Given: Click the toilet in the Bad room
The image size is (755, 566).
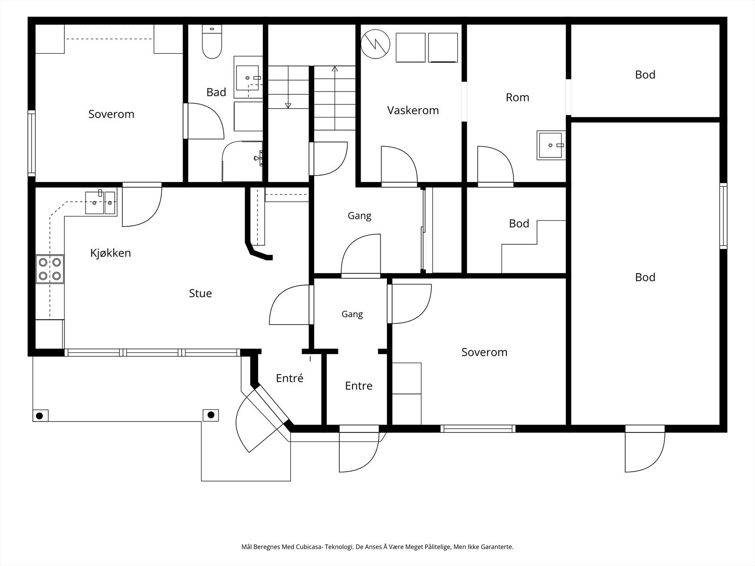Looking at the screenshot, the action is pyautogui.click(x=212, y=42).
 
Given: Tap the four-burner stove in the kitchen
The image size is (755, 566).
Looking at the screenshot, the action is pyautogui.click(x=50, y=269).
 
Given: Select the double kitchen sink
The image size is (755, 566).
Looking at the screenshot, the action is pyautogui.click(x=101, y=203).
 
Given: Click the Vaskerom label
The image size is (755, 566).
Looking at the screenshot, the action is pyautogui.click(x=413, y=110).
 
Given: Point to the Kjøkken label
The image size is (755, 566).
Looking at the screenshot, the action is pyautogui.click(x=110, y=253).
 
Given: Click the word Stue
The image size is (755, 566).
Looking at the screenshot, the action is pyautogui.click(x=200, y=293).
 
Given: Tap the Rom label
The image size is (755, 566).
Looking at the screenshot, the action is pyautogui.click(x=517, y=98).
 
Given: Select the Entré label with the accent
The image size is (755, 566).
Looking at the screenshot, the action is pyautogui.click(x=290, y=378).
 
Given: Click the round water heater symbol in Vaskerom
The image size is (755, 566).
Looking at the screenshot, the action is pyautogui.click(x=375, y=44).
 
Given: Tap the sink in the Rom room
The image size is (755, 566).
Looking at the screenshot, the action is pyautogui.click(x=551, y=145).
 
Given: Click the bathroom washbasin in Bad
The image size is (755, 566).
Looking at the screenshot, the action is pyautogui.click(x=248, y=77).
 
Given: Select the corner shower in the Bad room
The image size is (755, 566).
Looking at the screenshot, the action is pyautogui.click(x=243, y=161).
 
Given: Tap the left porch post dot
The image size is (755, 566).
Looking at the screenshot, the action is pyautogui.click(x=40, y=416).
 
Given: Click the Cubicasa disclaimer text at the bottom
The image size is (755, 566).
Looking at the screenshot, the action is pyautogui.click(x=377, y=547).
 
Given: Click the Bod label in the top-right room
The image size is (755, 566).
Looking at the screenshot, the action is pyautogui.click(x=645, y=75).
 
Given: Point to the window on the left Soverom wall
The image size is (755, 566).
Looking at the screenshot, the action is pyautogui.click(x=31, y=143).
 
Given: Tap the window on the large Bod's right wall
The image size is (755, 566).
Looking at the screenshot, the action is pyautogui.click(x=723, y=216).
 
